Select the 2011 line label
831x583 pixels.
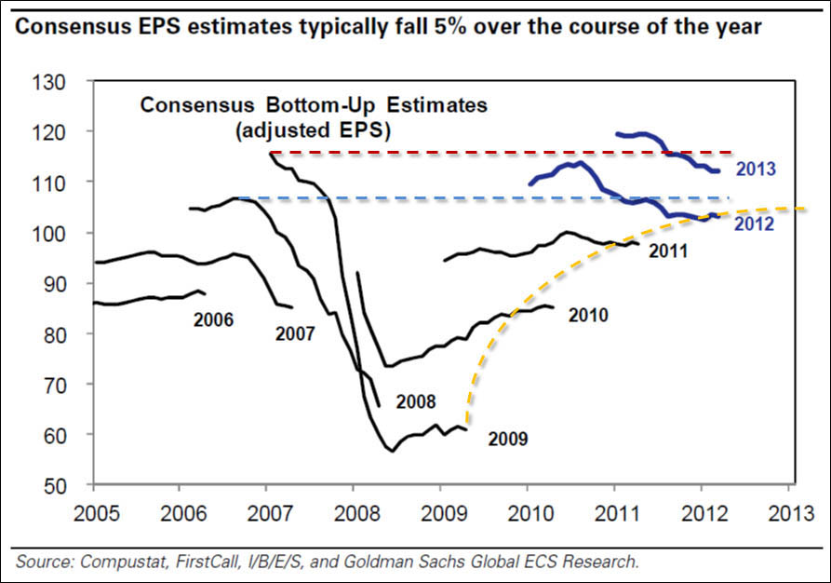668,251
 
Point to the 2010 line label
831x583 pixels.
588,316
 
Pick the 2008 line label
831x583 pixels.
415,402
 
